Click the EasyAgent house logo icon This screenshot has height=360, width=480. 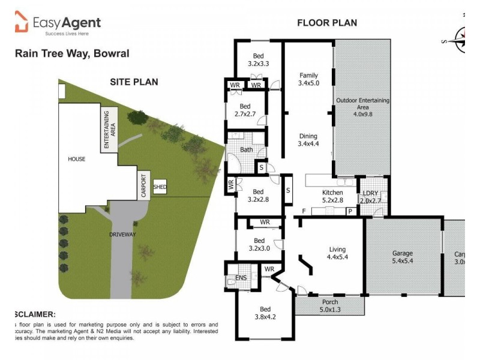[22, 23]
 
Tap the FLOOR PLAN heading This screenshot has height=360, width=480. [327, 23]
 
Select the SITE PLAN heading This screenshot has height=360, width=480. [134, 82]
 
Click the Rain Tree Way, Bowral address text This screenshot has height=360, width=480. [71, 53]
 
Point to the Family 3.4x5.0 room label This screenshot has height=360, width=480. [309, 79]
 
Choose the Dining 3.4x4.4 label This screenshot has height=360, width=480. [309, 140]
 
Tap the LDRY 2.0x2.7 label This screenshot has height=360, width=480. [370, 196]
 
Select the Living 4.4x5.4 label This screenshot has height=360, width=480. [338, 253]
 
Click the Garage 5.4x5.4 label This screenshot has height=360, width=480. [403, 257]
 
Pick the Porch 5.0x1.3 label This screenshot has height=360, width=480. [330, 306]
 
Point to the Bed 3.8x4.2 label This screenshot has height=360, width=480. [261, 313]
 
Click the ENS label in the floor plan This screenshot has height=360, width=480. [241, 278]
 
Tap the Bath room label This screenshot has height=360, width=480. [246, 150]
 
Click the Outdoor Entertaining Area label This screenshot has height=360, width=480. [362, 107]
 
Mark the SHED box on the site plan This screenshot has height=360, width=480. [160, 187]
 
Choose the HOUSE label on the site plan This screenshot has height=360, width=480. [76, 159]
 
